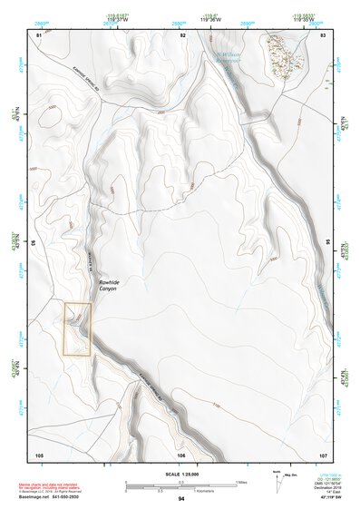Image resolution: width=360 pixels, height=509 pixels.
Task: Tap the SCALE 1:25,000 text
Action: pos(180,475)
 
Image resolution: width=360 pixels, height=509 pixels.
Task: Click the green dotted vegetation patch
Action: pos(285,54)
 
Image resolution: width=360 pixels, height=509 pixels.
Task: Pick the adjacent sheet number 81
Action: pos(39,34)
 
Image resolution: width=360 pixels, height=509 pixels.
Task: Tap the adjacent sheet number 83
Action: pos(323,34)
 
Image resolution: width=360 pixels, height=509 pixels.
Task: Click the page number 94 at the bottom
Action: pos(180,499)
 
